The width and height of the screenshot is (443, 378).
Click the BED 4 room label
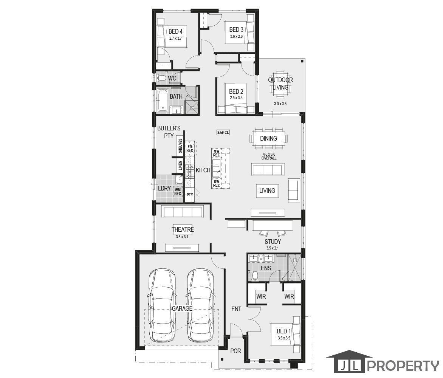coord(175,32)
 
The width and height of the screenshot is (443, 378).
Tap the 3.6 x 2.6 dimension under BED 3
coord(236,36)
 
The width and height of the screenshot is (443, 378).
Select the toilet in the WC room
coord(162,78)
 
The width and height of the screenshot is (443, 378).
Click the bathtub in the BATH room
coord(163,101)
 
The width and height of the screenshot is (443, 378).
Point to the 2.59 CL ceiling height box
coord(223,132)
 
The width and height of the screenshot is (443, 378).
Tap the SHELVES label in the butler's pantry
coord(180,146)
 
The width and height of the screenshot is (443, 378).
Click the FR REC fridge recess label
coord(190,149)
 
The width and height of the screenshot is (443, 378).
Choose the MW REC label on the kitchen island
coord(217,153)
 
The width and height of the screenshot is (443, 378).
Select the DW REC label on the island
coord(217,183)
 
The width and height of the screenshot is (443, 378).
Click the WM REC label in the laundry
coord(178,192)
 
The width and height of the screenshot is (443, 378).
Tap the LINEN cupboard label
coord(180,166)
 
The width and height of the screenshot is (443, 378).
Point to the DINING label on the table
coord(268,138)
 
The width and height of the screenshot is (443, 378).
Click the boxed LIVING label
coord(267,191)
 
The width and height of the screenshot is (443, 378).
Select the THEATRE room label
coord(183,230)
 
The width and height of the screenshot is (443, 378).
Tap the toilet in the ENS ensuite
coord(255,276)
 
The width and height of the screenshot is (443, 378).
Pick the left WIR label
coord(261,297)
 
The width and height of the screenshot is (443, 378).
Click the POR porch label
coord(235,351)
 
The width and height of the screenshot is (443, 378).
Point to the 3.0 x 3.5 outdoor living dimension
coord(280,104)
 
